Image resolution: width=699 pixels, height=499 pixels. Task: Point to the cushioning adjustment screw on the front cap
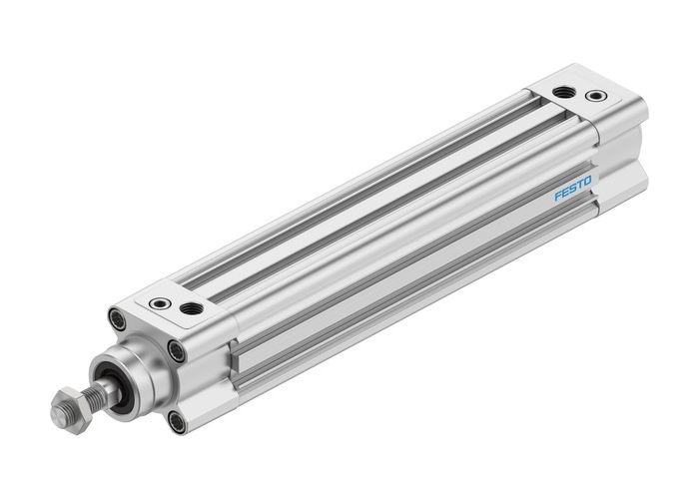158,303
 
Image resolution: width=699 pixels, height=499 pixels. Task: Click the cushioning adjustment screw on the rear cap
596,97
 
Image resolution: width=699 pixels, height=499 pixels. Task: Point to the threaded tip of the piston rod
57,412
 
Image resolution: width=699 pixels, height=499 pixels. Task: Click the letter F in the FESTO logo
558,197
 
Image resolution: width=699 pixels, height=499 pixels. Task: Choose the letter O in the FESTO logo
587,181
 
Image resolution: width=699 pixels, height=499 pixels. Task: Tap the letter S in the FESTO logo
572,189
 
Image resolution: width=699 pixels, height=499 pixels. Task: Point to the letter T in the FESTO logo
579,185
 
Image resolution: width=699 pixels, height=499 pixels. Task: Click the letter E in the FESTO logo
565,193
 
